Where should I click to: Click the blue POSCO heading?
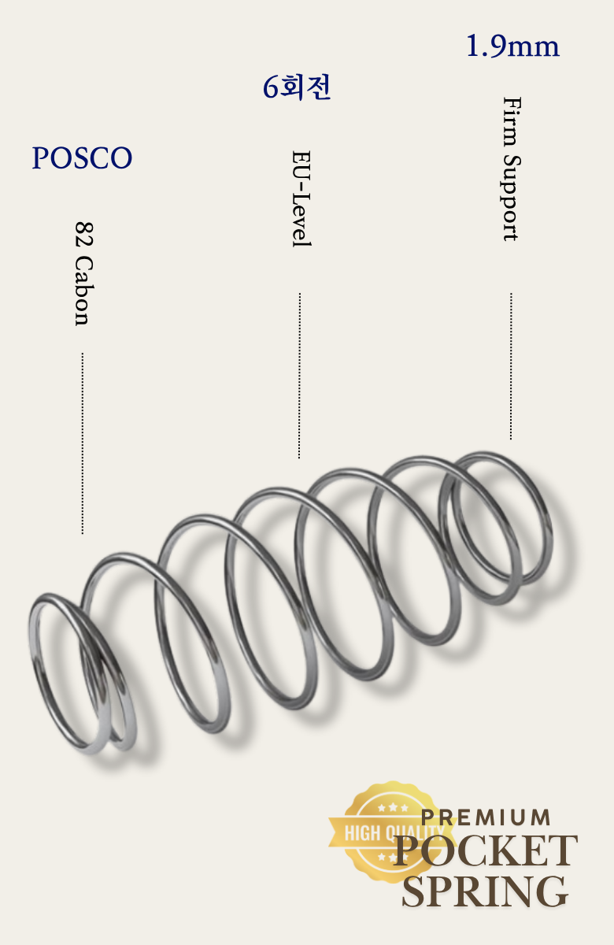click(x=82, y=157)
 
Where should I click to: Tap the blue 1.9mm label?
click(x=512, y=46)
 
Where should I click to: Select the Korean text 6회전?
click(x=297, y=87)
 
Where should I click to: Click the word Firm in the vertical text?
click(x=512, y=121)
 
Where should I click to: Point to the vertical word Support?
click(x=511, y=198)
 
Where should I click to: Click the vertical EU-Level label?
click(x=301, y=198)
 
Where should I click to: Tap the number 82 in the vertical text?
click(x=83, y=234)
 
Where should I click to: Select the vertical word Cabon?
click(x=83, y=291)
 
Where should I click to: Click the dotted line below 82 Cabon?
click(x=82, y=443)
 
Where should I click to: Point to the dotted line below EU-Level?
click(x=299, y=376)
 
